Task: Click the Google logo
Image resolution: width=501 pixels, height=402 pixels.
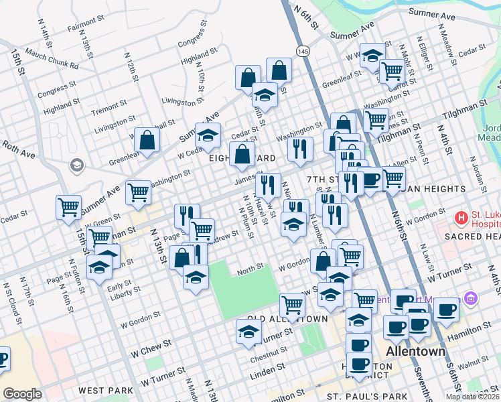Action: [22, 394]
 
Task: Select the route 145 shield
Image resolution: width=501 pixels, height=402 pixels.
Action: [303, 52]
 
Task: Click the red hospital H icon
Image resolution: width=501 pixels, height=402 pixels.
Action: [461, 218]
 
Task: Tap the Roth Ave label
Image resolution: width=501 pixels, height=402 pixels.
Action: [18, 149]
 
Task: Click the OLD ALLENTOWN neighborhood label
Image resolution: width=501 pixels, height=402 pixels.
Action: [287, 318]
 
